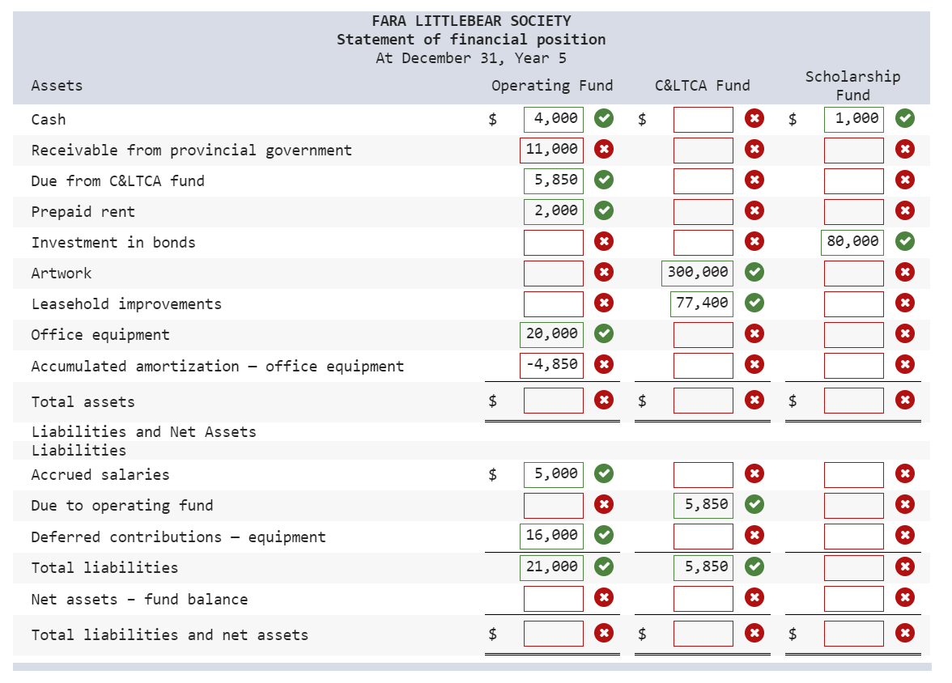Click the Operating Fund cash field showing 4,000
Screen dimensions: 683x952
553,119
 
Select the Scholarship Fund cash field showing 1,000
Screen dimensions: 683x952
854,119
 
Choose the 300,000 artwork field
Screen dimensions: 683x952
697,273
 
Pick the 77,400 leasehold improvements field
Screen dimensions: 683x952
701,303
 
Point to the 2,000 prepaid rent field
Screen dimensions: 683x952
553,211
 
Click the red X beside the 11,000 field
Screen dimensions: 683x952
603,150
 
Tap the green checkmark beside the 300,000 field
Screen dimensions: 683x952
754,273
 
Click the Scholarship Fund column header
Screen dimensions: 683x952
852,85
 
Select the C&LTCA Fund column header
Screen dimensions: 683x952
702,86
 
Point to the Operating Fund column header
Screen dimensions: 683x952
552,86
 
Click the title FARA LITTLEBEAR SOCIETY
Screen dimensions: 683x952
471,21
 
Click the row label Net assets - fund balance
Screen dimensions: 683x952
139,600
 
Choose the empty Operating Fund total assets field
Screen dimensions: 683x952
553,401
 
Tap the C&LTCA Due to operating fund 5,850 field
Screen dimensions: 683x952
703,505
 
